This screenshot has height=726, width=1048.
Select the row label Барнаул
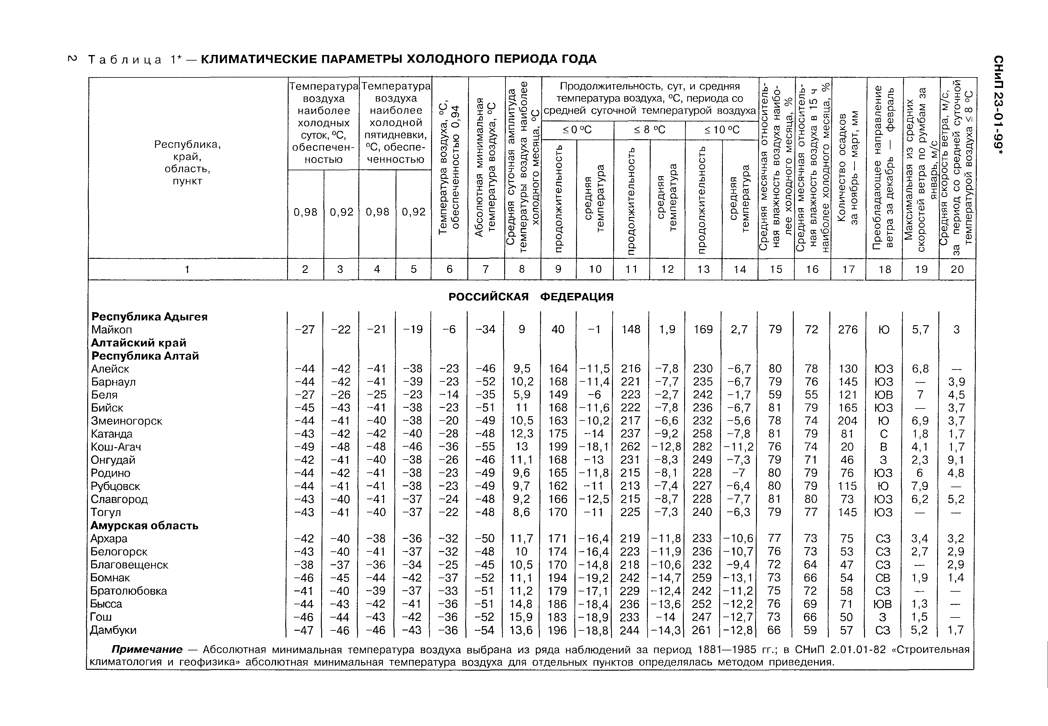[x=113, y=382]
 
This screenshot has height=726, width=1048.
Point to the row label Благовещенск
[x=129, y=565]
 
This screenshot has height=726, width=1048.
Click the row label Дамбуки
[x=113, y=630]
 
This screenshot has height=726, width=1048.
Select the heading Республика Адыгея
[x=150, y=317]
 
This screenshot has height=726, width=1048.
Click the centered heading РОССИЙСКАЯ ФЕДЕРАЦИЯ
[x=531, y=297]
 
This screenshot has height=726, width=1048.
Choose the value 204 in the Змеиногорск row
[x=847, y=421]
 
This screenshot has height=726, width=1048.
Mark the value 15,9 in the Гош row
[x=522, y=617]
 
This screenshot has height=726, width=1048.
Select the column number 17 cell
[x=848, y=269]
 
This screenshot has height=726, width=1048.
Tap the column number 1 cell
[x=187, y=269]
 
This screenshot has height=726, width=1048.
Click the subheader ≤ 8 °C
[x=649, y=130]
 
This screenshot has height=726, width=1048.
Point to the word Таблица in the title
[x=125, y=60]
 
